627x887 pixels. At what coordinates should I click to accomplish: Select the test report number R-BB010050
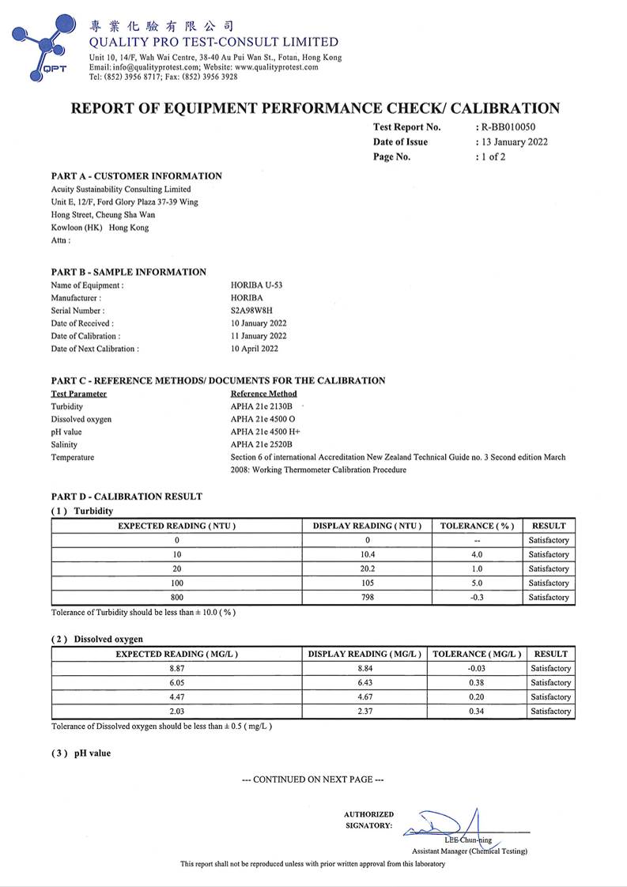(512, 127)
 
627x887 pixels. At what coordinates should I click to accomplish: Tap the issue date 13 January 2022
(514, 142)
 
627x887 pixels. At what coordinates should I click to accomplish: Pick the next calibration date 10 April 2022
(254, 349)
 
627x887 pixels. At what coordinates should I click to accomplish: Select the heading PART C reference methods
(218, 381)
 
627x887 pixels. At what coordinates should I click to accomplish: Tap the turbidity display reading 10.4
(368, 555)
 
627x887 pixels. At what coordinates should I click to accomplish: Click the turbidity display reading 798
(368, 598)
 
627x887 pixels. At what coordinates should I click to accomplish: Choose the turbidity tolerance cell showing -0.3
(477, 598)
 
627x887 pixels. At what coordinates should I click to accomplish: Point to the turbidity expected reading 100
(177, 583)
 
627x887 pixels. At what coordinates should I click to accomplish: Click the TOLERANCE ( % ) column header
(477, 526)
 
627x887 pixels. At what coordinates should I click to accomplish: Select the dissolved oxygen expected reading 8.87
(177, 669)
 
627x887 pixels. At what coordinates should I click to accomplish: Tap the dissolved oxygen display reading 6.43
(364, 683)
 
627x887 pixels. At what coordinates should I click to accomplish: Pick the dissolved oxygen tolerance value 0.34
(474, 711)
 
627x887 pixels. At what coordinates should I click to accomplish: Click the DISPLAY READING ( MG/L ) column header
(364, 655)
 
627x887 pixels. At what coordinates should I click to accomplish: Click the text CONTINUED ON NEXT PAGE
(313, 779)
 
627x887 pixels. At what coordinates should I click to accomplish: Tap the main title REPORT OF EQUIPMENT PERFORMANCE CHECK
(315, 108)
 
